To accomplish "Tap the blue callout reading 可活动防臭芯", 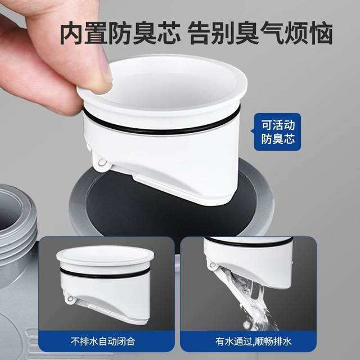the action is [277, 132].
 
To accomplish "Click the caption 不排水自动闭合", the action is [102, 341].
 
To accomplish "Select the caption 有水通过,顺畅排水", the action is [253, 341].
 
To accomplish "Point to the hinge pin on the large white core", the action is [101, 163].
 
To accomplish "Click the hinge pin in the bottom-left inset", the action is [70, 299].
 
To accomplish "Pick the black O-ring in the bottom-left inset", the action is [105, 274].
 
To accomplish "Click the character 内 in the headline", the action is [73, 33].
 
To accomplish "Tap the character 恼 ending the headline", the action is [321, 33].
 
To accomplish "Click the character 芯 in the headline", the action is [169, 33].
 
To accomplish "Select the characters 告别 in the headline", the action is [213, 33].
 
